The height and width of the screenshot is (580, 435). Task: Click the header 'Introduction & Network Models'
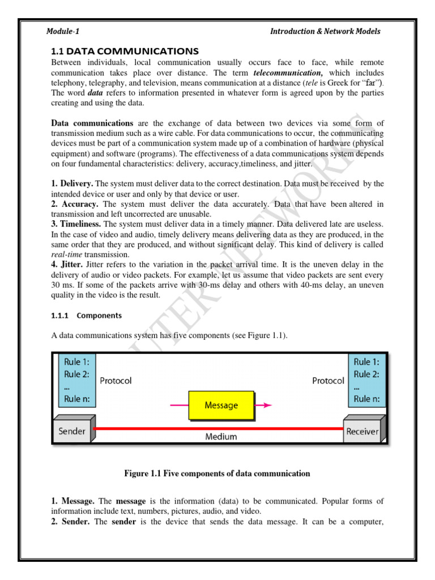325,31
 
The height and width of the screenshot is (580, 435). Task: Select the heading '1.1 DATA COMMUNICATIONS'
125,52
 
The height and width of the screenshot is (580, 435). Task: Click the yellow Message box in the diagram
221,406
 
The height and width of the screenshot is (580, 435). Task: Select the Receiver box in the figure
362,432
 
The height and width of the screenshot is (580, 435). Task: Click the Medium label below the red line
221,437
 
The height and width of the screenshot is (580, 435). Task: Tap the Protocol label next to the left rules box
116,381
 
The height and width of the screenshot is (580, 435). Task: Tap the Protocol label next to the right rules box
328,381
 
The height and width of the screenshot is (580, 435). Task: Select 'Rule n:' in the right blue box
366,399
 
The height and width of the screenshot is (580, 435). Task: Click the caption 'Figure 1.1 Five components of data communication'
217,474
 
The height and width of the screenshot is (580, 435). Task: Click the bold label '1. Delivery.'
72,184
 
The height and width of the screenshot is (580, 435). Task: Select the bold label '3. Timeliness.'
76,224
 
